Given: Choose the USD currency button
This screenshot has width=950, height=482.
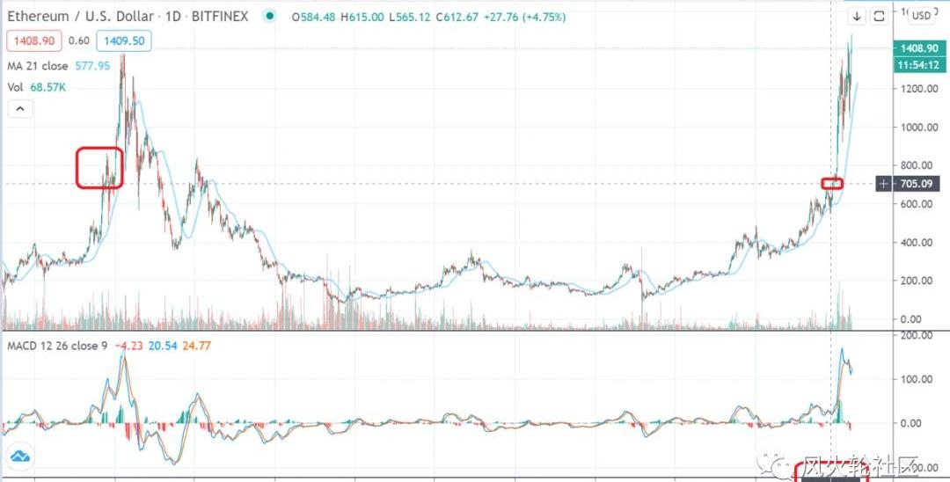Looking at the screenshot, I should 921,16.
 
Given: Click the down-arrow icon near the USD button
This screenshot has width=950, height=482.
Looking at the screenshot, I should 857,18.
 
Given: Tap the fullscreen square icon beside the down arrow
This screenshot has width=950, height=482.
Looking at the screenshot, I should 878,18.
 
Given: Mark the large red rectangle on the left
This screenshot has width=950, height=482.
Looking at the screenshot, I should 99,167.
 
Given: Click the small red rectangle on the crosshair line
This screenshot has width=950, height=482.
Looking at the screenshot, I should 832,184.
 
